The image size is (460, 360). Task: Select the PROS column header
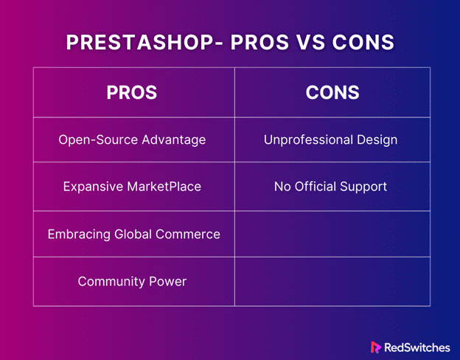(132, 92)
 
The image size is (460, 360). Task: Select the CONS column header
(332, 92)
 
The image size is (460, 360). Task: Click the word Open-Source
(98, 139)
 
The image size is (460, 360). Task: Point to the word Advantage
(174, 140)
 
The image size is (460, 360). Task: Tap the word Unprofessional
(308, 139)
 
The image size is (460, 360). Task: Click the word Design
(377, 140)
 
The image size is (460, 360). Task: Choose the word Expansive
(93, 187)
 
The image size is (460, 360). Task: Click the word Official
(315, 187)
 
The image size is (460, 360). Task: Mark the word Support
(363, 187)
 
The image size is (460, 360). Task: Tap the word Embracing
(79, 235)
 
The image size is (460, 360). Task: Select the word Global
(133, 234)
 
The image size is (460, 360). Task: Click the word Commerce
(188, 235)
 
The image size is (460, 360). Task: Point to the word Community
(111, 282)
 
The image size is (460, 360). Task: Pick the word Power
(167, 282)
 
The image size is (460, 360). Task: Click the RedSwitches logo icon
(375, 347)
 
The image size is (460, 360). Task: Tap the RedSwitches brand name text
(417, 347)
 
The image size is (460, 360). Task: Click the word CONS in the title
(363, 42)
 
